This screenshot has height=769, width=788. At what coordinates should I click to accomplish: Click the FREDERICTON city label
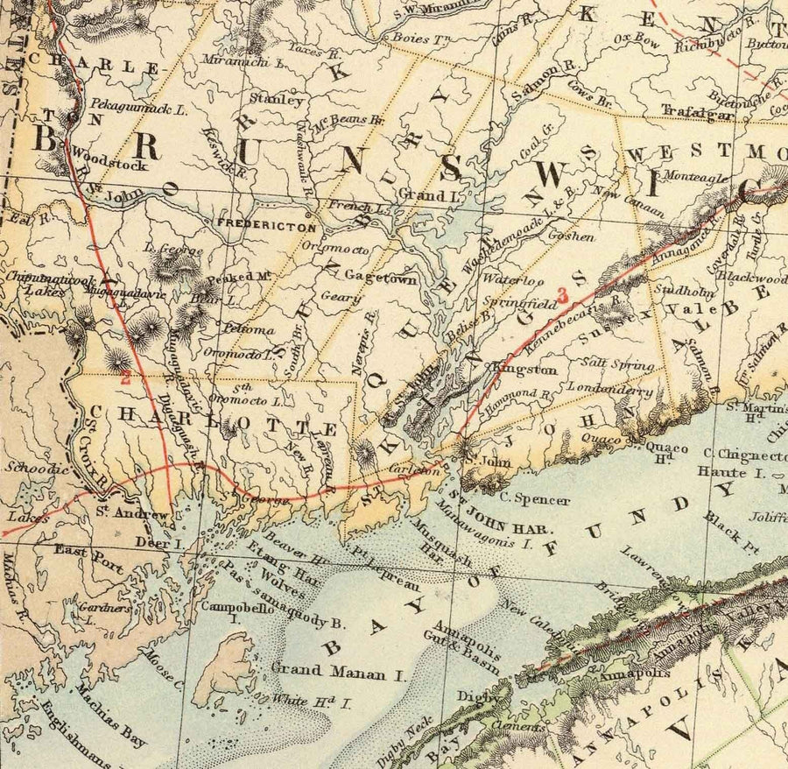tap(266, 225)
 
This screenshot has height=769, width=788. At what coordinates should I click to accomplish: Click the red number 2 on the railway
tap(126, 379)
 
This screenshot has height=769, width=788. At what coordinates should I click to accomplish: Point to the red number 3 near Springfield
tap(565, 295)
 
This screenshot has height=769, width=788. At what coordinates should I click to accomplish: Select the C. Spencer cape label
tap(535, 500)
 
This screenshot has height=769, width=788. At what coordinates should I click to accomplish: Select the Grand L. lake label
tap(424, 195)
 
